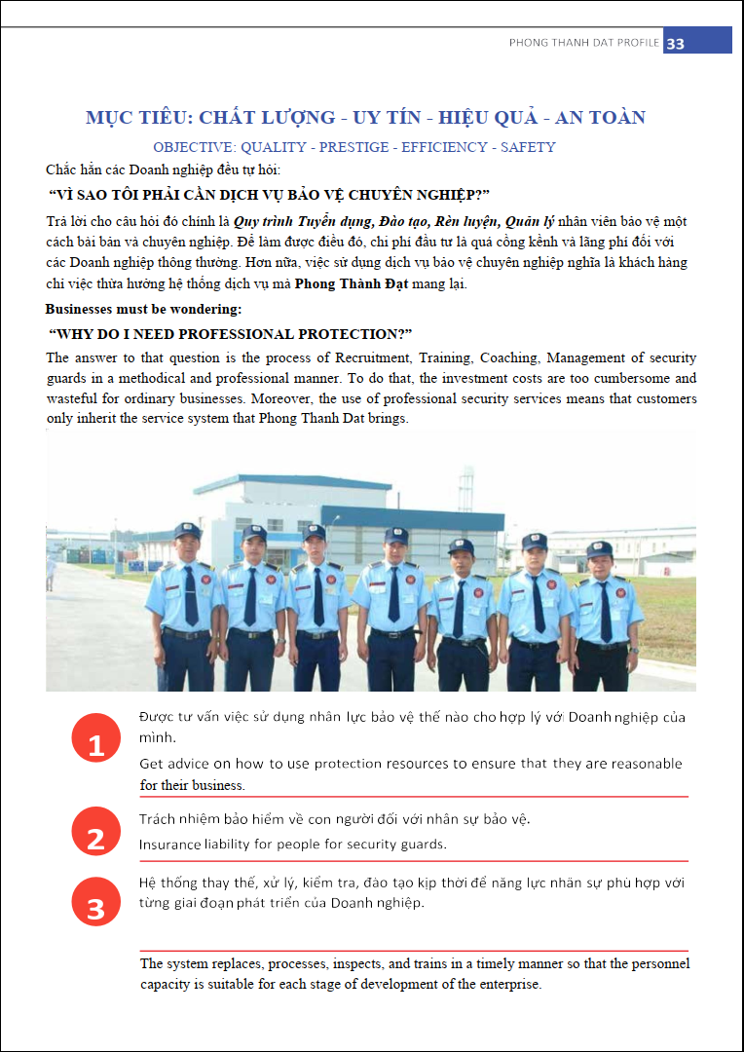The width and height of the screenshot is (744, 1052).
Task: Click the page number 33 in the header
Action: click(x=676, y=43)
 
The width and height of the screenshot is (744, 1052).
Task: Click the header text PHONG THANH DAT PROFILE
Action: click(x=584, y=43)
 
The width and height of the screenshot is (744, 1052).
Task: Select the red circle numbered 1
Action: click(x=95, y=746)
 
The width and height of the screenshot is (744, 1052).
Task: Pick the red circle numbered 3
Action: click(x=95, y=909)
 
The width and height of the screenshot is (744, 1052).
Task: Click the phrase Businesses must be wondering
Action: click(x=143, y=309)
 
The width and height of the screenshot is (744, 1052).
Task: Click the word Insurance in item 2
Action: click(x=169, y=845)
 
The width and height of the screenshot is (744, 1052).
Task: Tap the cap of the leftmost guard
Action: click(x=187, y=532)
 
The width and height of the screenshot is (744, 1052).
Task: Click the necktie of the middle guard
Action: click(x=393, y=594)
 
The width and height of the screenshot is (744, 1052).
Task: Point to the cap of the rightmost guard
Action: click(x=599, y=548)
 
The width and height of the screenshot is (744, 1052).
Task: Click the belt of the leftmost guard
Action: click(x=186, y=633)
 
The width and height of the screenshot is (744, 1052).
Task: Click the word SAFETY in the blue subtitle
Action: click(x=528, y=147)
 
